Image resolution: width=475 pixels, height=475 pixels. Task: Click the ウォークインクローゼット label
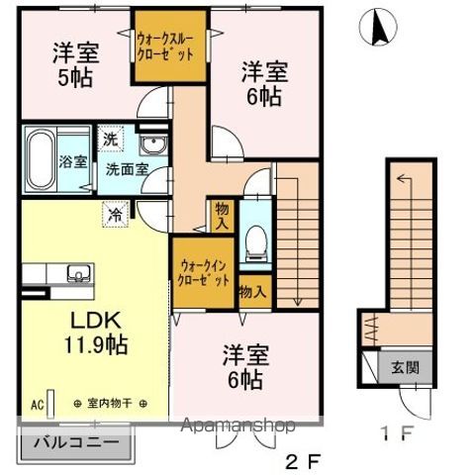click(204, 272)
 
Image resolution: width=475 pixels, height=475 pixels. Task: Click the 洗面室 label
click(128, 169)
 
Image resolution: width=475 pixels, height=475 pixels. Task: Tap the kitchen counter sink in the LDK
click(75, 273)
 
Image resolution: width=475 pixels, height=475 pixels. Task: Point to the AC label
click(37, 405)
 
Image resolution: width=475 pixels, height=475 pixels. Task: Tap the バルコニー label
click(79, 442)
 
